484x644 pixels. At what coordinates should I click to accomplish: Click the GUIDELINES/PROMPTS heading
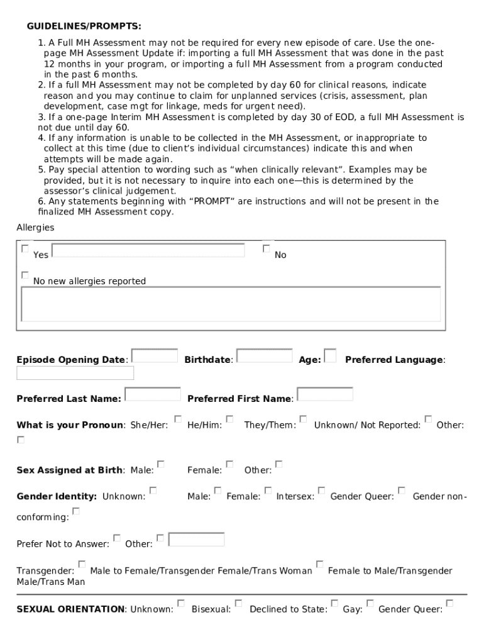[x=84, y=26]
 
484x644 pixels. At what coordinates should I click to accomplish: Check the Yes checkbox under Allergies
[x=25, y=249]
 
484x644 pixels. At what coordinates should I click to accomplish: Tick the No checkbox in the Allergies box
[x=266, y=249]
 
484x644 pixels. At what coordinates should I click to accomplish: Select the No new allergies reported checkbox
[x=25, y=275]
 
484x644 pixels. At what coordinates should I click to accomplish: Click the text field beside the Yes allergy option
[x=148, y=250]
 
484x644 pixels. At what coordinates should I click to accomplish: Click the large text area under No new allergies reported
[x=231, y=304]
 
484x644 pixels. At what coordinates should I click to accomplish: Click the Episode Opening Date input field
[x=155, y=356]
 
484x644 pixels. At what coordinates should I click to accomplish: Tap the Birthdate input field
[x=264, y=356]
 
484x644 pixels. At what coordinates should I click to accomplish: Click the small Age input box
[x=329, y=356]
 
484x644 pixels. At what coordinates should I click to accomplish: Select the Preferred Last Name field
[x=153, y=394]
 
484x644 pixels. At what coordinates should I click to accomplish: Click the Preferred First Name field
[x=324, y=394]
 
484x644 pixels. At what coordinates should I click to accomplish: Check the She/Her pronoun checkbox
[x=178, y=419]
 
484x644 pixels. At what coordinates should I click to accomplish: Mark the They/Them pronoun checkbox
[x=303, y=419]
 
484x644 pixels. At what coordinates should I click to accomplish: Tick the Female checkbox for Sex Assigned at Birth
[x=229, y=464]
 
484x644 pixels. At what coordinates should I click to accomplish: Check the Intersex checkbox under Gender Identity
[x=321, y=491]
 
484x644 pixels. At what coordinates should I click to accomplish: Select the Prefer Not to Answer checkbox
[x=116, y=538]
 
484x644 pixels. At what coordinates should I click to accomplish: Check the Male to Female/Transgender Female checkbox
[x=82, y=564]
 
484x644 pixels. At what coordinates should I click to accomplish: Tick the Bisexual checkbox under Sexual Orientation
[x=238, y=603]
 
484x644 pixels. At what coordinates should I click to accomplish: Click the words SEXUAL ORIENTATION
[x=70, y=609]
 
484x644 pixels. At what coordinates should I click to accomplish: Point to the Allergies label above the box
[x=35, y=227]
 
